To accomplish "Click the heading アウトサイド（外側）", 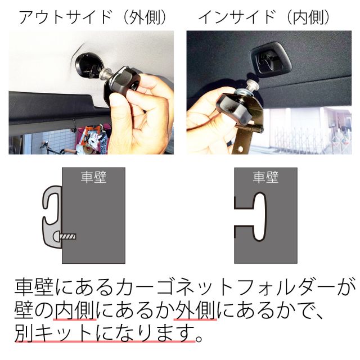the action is pyautogui.click(x=93, y=17).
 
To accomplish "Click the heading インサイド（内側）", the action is pyautogui.click(x=264, y=17).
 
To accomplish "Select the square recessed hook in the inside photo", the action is pyautogui.click(x=271, y=58).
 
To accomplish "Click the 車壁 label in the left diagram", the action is pyautogui.click(x=93, y=177).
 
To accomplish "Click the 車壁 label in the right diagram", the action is pyautogui.click(x=265, y=177).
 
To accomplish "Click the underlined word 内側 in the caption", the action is pyautogui.click(x=75, y=310).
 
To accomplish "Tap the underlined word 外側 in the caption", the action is pyautogui.click(x=195, y=310).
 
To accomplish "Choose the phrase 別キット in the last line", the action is pyautogui.click(x=53, y=332).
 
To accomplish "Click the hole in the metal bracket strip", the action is pyautogui.click(x=240, y=148).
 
